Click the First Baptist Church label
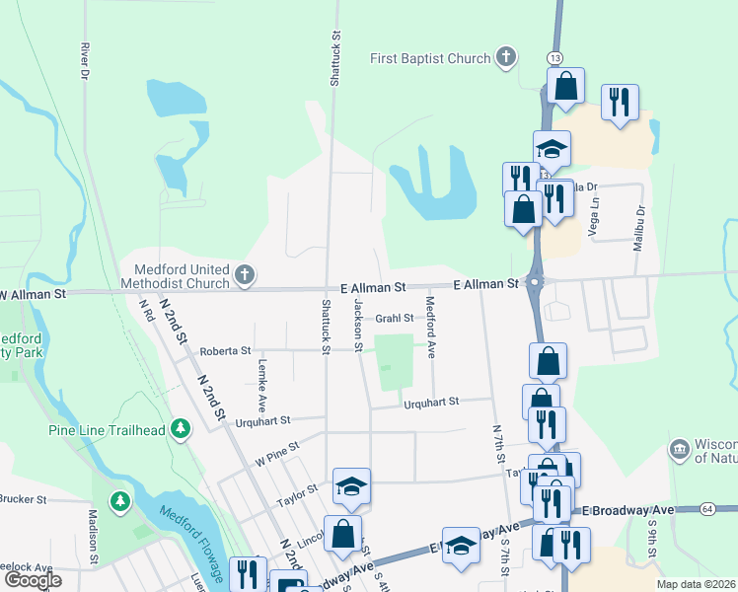tap(430, 59)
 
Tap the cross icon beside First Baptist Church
tap(506, 57)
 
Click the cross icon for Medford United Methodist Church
tap(245, 275)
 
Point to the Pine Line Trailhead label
tap(108, 429)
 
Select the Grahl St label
tap(394, 318)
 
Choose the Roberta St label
tap(225, 350)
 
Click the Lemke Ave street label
tap(262, 384)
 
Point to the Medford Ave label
tap(430, 327)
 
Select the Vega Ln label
tap(594, 211)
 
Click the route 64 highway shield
tap(708, 508)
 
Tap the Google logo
tap(34, 580)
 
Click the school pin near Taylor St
tap(351, 486)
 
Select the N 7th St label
tap(498, 445)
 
